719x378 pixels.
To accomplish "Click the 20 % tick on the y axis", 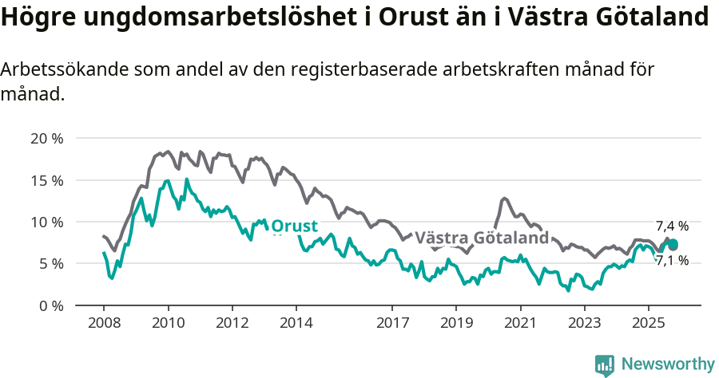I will coord(46,138).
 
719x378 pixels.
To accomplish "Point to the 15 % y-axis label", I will coord(46,180).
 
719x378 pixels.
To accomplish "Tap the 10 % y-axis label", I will coord(46,222).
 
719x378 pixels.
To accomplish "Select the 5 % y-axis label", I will coord(50,263).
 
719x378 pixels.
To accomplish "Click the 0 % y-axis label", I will coord(50,305).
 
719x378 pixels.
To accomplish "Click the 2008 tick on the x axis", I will coord(104,325).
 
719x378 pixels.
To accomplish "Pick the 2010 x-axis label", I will coord(168,325).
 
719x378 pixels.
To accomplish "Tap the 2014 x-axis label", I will coord(296,325).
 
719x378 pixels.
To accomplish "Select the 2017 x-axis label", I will coord(391,325).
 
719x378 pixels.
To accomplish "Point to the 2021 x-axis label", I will coord(520,325).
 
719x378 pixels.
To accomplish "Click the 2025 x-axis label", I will coord(648,325).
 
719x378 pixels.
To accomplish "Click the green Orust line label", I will coord(294,226).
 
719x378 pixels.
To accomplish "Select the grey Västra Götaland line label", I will coord(482,238).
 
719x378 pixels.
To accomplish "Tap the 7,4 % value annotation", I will coord(672,226).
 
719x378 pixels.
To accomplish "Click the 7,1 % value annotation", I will coord(672,260).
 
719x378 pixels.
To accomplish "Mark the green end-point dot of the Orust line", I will coord(673,245).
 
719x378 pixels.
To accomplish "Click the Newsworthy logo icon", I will coord(605,364).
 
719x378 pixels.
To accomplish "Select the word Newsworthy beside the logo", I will coord(667,364).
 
